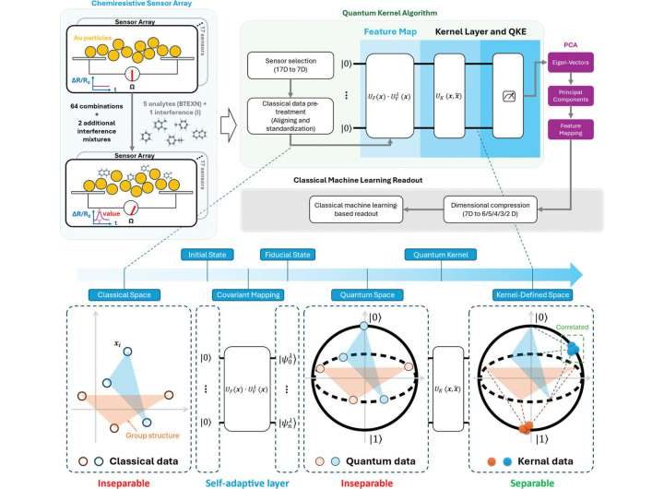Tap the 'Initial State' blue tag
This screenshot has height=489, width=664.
pyautogui.click(x=207, y=254)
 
